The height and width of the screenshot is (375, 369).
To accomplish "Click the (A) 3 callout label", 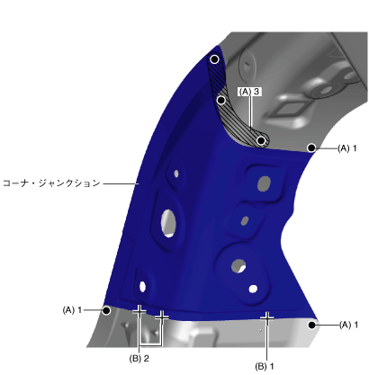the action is (249, 92).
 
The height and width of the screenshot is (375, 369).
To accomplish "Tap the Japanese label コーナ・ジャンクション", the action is (51, 183).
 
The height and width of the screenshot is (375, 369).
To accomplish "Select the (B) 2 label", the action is (139, 359).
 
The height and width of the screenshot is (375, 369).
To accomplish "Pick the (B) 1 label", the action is (265, 366).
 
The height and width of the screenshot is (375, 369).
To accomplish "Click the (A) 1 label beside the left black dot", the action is (72, 310).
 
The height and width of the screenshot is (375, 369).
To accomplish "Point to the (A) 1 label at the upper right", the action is (347, 148).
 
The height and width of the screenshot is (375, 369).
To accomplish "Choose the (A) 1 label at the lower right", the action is (348, 325).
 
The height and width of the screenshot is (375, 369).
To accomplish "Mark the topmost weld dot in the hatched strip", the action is (214, 59).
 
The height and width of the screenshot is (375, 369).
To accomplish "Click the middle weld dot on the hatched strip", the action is (221, 100).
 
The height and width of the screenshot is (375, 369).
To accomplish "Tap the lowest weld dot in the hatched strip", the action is (261, 140).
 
